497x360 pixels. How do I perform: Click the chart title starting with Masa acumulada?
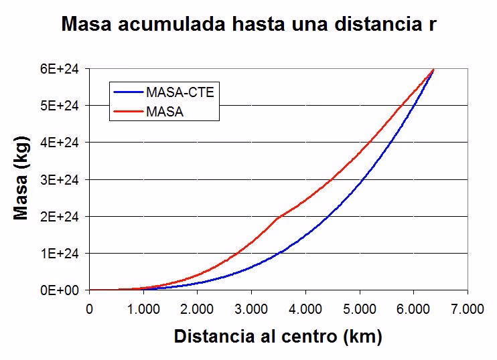point(249,25)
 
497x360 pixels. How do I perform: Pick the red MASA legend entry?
point(165,112)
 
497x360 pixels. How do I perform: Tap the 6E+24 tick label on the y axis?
point(64,69)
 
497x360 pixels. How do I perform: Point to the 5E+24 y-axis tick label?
point(64,106)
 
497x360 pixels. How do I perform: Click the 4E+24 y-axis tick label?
point(64,143)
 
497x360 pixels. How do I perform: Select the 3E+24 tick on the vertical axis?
point(64,179)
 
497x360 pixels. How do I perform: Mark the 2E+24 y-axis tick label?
point(64,216)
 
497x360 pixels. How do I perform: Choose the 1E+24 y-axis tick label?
point(64,254)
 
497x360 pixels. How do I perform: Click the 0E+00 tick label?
point(64,290)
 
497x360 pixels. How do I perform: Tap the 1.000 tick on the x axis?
point(143,308)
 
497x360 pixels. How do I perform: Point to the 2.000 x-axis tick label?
point(198,308)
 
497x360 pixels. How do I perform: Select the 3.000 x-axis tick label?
point(251,308)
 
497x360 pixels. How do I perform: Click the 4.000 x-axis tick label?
point(305,308)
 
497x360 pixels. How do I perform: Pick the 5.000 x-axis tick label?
point(360,308)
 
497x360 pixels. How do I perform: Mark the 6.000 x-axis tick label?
point(413,308)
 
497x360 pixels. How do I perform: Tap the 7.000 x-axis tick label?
point(468,308)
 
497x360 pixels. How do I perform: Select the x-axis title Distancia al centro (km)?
point(278,336)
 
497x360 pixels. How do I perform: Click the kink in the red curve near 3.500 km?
point(278,216)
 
